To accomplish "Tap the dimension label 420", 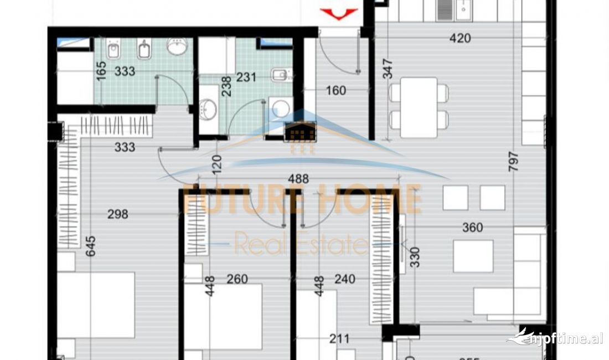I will (x=460, y=38).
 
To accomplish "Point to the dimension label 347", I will (x=387, y=69).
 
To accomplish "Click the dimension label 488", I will (x=298, y=179).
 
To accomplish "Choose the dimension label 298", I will (x=117, y=213).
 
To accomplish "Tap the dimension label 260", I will (x=237, y=279).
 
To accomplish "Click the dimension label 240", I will (x=344, y=279).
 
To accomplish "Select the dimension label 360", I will (x=472, y=228).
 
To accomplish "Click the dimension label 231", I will (x=246, y=77).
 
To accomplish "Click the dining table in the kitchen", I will (x=419, y=107).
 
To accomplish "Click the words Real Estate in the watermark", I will (x=302, y=243).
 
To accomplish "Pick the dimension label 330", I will (x=415, y=257).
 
